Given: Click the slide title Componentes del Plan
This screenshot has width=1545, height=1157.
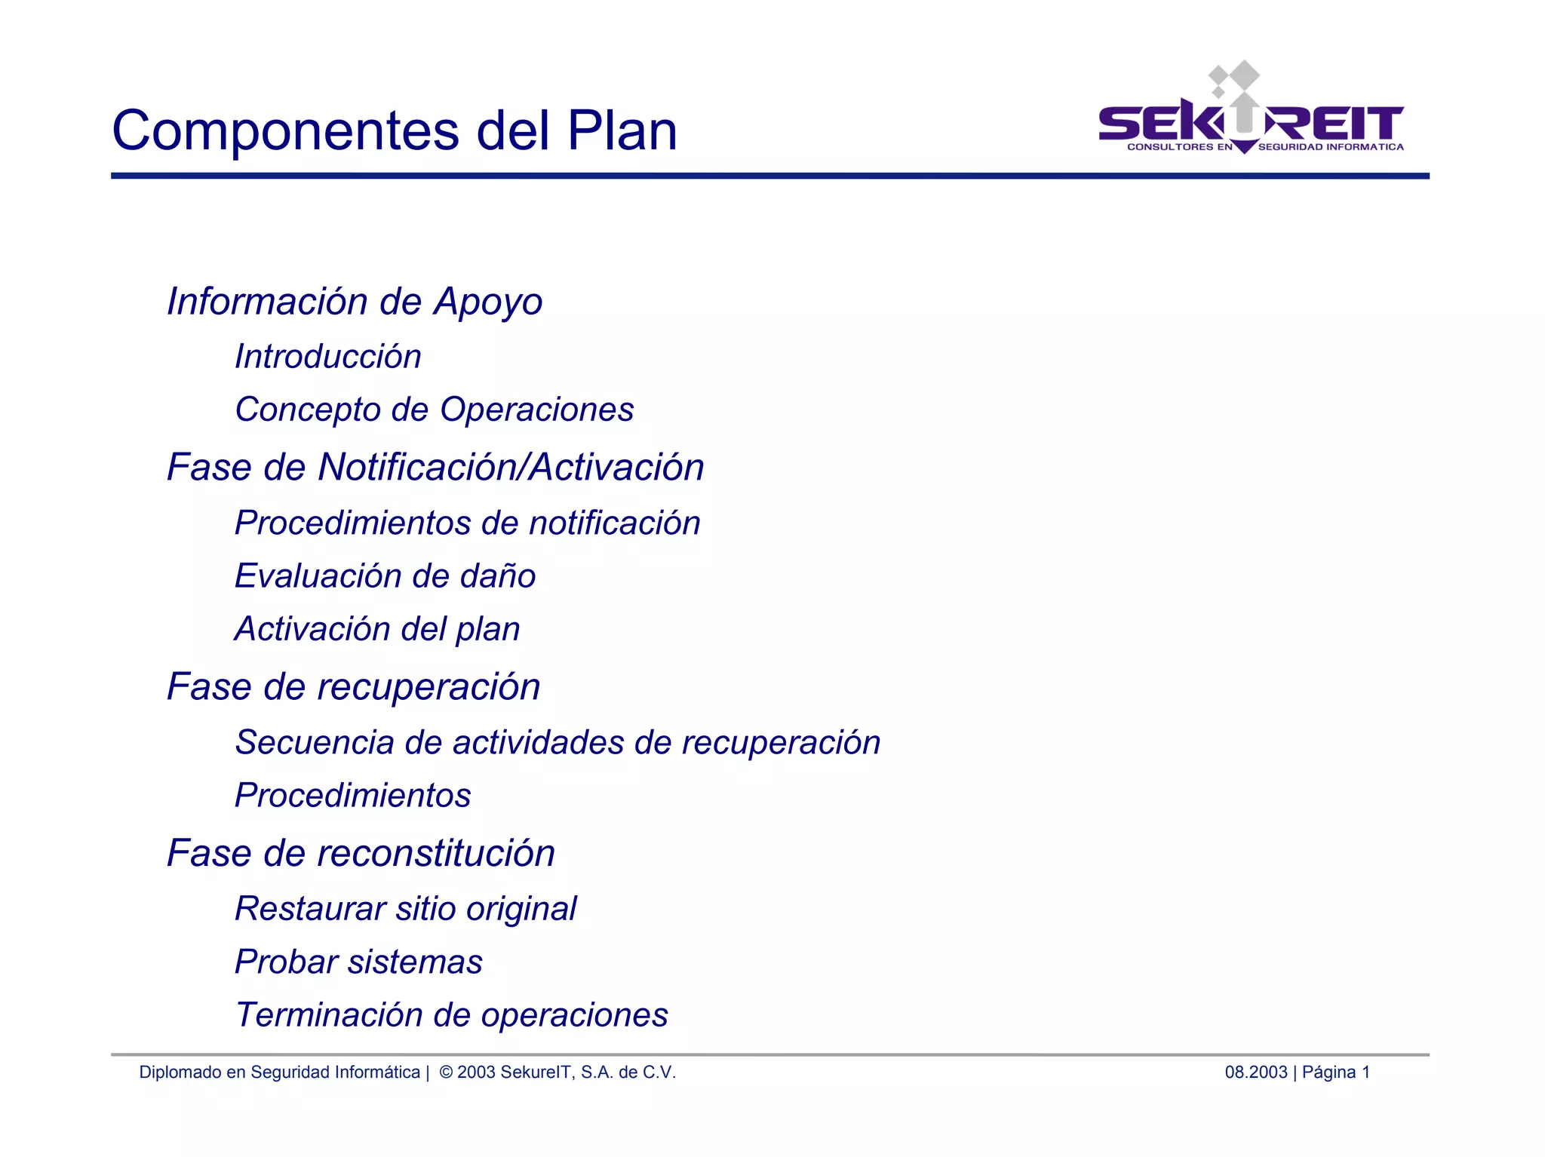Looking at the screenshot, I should (395, 130).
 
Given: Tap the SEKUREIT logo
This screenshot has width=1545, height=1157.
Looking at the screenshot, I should (1251, 113).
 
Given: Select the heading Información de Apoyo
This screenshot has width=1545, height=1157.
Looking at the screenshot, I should (355, 302).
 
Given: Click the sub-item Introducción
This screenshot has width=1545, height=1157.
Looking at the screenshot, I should (328, 357).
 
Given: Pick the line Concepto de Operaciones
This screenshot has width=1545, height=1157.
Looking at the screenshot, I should (435, 410).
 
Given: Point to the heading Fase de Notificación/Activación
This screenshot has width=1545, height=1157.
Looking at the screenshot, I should (435, 467).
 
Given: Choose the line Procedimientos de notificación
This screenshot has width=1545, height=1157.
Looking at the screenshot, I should (468, 523).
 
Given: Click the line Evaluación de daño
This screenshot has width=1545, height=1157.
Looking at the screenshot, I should (385, 576).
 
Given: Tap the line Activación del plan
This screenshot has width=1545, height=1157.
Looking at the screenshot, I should (377, 629).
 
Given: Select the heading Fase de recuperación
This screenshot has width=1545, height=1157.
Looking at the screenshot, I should (354, 686).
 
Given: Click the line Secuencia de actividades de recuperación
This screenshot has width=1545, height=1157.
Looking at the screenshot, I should (557, 742).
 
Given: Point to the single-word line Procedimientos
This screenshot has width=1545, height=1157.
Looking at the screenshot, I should (353, 796).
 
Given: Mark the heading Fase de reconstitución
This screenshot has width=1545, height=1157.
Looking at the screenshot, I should (361, 853).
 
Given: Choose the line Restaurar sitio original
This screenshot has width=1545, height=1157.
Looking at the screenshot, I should (406, 909).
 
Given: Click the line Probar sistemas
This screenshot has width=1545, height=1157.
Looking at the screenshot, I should (359, 962).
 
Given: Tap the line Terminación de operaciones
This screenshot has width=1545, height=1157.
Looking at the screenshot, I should (452, 1015).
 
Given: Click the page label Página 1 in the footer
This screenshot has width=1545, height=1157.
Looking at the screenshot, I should (1335, 1072).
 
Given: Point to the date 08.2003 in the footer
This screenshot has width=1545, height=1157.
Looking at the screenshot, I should (1256, 1072).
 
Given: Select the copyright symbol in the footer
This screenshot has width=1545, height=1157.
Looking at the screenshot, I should (446, 1072).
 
